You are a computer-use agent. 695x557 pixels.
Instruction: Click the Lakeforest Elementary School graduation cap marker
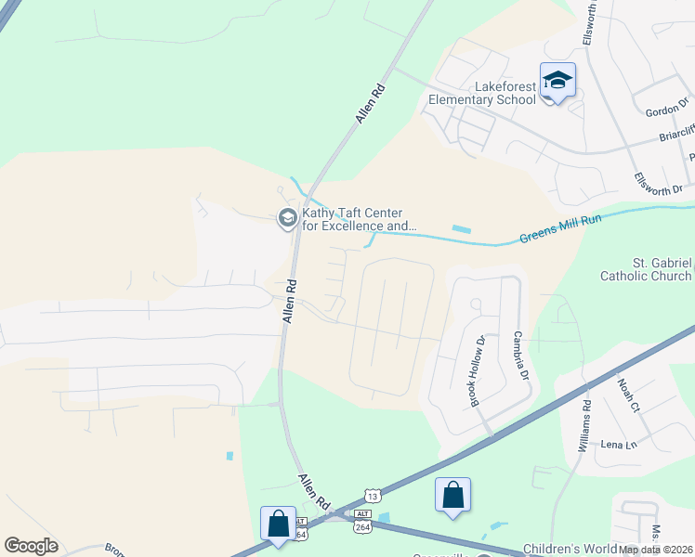tap(557, 82)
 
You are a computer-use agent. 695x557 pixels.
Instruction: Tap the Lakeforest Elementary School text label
tap(482, 93)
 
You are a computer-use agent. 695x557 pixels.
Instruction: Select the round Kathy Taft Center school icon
tap(287, 218)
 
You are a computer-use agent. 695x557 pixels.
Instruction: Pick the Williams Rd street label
tap(584, 426)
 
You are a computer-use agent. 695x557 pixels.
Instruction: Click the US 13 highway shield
tap(372, 496)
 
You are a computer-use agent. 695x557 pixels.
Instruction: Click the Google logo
tap(31, 546)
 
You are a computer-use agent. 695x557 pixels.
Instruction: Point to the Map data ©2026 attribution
tap(655, 550)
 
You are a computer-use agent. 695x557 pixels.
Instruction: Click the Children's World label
tap(569, 550)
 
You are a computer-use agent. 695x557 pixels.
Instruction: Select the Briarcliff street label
tap(676, 133)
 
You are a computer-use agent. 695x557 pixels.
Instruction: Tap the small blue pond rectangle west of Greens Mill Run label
tap(461, 228)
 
